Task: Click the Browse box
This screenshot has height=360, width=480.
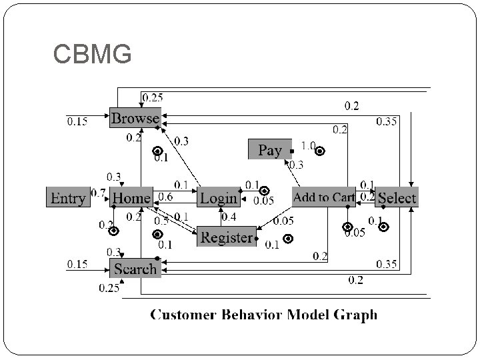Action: click(x=135, y=119)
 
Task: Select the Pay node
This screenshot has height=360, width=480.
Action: click(x=269, y=150)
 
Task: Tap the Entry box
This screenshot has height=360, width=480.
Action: click(x=67, y=198)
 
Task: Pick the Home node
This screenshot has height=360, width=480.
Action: click(x=131, y=198)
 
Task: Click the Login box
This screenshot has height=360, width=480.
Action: click(x=218, y=198)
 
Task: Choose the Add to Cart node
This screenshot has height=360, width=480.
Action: click(x=323, y=197)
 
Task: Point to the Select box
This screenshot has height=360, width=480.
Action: click(x=396, y=198)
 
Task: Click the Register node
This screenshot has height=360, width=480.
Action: click(x=227, y=237)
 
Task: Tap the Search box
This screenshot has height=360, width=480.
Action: click(x=135, y=269)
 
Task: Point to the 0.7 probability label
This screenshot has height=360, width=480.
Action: click(x=98, y=193)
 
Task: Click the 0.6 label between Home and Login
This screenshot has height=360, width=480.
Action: click(x=165, y=197)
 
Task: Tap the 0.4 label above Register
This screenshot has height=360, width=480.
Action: click(x=229, y=217)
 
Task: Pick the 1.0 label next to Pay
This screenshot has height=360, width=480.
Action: click(x=308, y=145)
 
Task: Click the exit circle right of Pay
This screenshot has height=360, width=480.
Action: click(x=320, y=151)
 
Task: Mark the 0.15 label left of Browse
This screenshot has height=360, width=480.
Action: click(x=77, y=121)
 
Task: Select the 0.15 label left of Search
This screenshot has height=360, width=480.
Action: click(x=77, y=265)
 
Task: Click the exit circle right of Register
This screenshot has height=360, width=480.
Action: click(x=288, y=238)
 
